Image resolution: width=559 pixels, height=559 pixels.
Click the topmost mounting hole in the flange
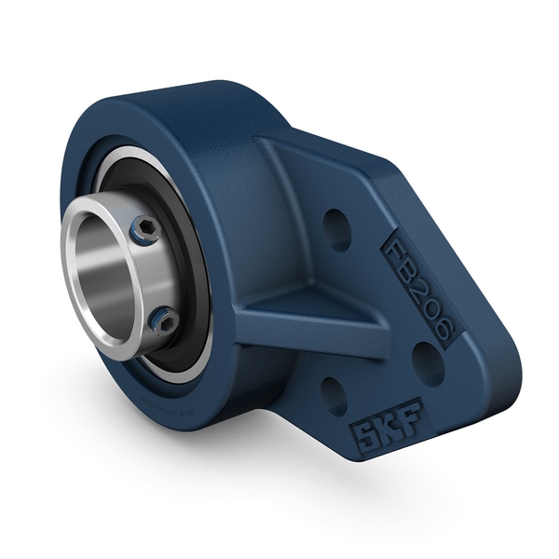336,229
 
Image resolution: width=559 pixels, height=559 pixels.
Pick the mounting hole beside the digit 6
428,363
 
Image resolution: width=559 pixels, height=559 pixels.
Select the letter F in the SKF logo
408,414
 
